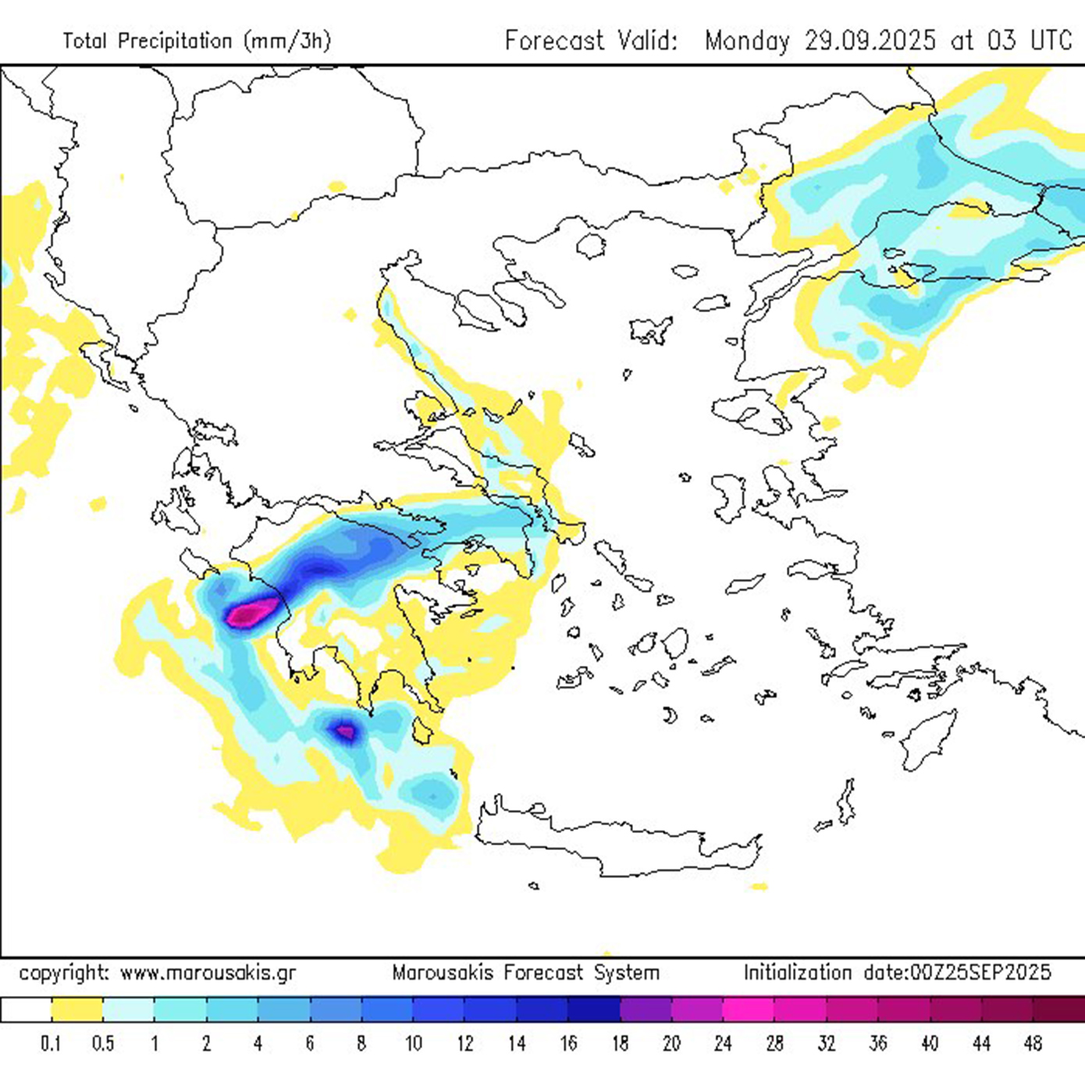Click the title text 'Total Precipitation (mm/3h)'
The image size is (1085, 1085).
click(197, 41)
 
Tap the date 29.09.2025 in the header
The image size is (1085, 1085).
click(870, 40)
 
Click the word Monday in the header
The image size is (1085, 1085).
click(747, 40)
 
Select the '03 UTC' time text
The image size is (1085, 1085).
click(1030, 40)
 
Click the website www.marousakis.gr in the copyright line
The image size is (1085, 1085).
click(208, 973)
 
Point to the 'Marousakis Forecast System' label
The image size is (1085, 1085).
click(525, 973)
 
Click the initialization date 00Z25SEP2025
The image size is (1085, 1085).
click(958, 973)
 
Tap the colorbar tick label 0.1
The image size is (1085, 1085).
click(52, 1044)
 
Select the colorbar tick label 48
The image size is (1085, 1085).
click(1033, 1044)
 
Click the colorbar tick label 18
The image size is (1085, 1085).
click(620, 1044)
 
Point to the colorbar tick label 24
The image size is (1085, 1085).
click(723, 1044)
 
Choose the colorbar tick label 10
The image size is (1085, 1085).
click(413, 1044)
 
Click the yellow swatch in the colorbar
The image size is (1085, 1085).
click(77, 1009)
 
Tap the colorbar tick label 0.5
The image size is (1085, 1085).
click(103, 1044)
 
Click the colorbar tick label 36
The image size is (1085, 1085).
click(878, 1044)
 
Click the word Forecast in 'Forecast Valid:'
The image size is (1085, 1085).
click(554, 40)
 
